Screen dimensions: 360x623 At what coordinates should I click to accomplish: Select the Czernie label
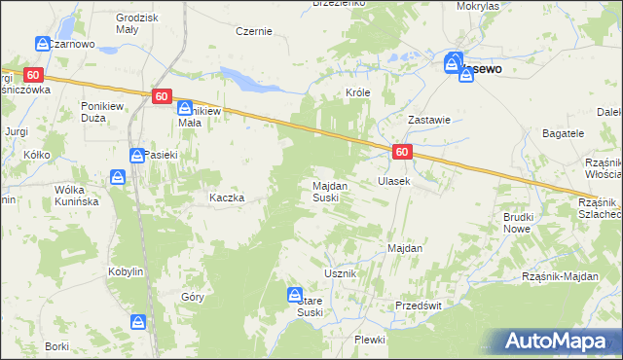pyautogui.click(x=254, y=31)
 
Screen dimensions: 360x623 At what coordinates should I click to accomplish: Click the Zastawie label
pyautogui.click(x=428, y=121)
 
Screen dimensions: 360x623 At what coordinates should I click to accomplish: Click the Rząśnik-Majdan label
pyautogui.click(x=560, y=276)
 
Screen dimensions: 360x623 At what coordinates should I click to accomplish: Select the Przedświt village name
pyautogui.click(x=419, y=305)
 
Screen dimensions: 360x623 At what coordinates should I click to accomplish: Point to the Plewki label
pyautogui.click(x=370, y=340)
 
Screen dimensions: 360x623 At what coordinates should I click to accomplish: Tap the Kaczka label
pyautogui.click(x=226, y=198)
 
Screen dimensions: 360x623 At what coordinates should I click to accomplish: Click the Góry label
pyautogui.click(x=193, y=298)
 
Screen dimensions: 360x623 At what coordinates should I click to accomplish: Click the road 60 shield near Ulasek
pyautogui.click(x=403, y=152)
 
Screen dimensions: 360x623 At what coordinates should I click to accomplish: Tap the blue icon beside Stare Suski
pyautogui.click(x=295, y=294)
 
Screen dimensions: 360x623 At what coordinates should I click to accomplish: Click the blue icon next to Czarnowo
pyautogui.click(x=43, y=44)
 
